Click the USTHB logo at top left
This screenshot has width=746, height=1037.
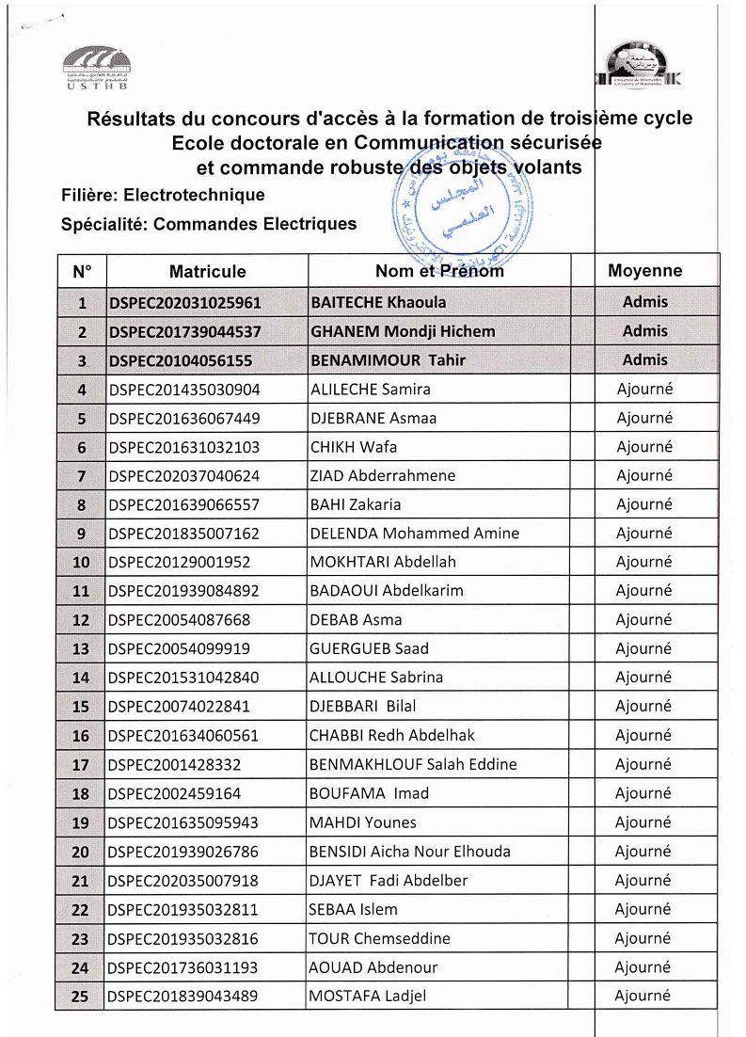(97, 67)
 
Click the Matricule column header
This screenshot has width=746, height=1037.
(207, 271)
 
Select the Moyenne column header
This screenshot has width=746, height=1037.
(645, 270)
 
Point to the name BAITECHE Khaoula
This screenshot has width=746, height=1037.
(378, 302)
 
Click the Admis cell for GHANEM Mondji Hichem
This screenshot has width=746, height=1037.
(645, 331)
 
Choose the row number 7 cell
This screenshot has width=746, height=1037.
(82, 476)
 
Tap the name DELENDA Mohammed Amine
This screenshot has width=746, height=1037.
(414, 534)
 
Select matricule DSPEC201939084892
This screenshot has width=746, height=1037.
(183, 591)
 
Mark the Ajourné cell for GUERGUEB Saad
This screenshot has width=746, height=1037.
(644, 648)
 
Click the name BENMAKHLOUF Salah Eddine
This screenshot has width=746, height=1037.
(413, 764)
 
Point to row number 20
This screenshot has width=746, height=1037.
(81, 852)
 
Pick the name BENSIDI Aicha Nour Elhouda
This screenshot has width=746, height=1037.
(409, 852)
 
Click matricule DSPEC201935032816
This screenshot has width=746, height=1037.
(183, 938)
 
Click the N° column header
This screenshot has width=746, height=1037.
(82, 271)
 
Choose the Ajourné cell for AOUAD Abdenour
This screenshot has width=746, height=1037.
(643, 967)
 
